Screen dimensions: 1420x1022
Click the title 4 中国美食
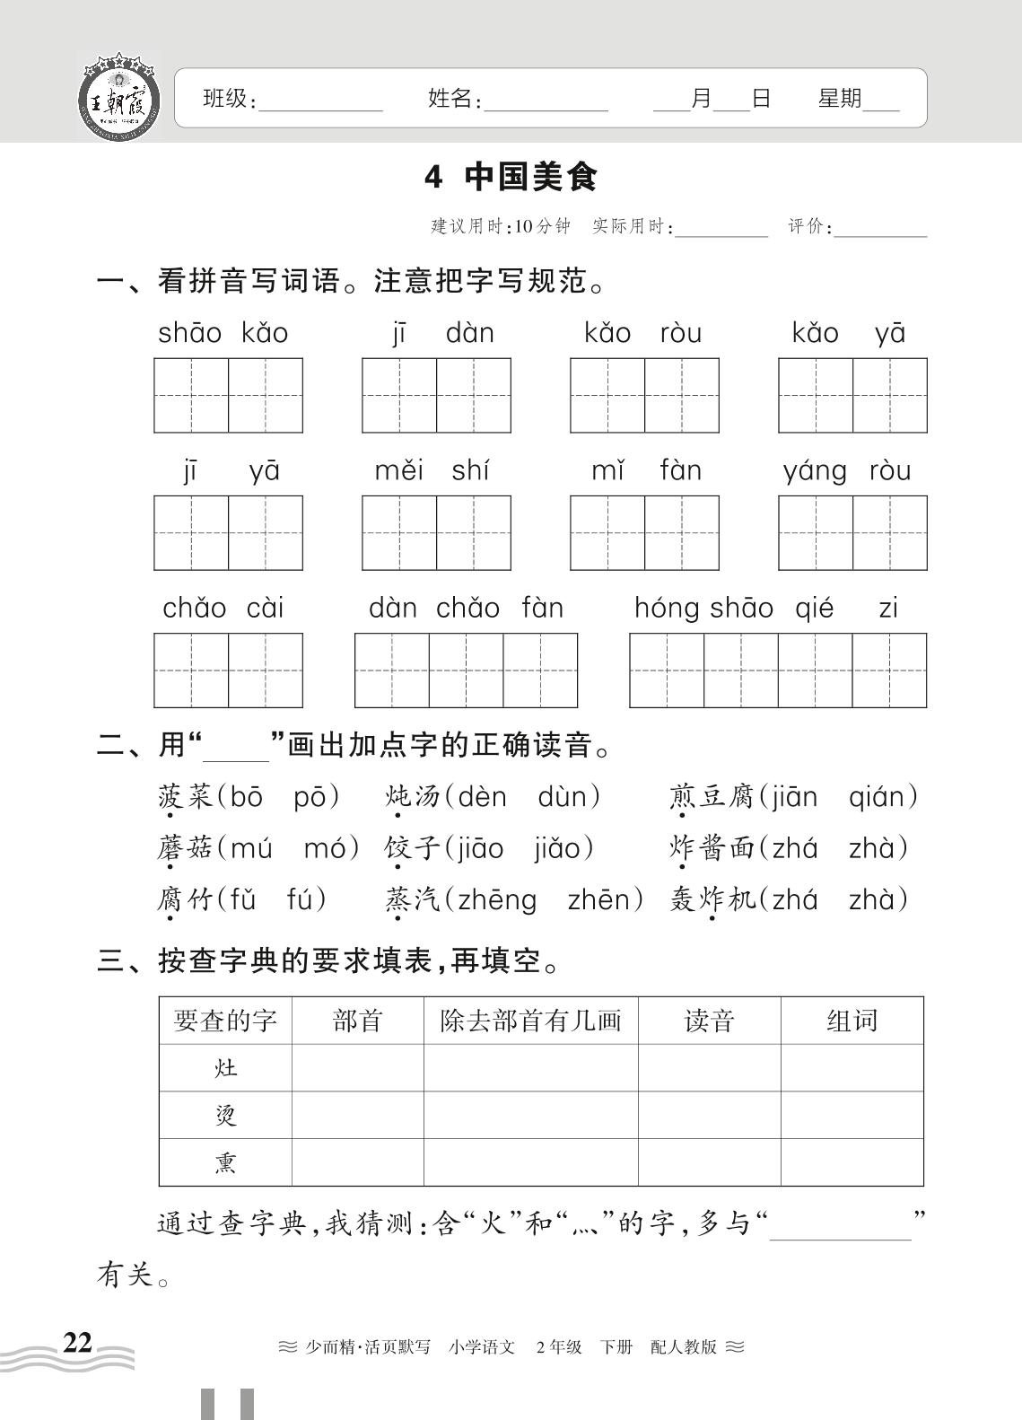point(511,177)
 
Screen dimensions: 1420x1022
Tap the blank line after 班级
point(320,101)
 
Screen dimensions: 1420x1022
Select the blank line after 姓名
point(546,101)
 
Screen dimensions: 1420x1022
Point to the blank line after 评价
point(880,228)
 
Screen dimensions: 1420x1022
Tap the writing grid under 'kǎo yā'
point(852,395)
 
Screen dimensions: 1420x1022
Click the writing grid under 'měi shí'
point(436,532)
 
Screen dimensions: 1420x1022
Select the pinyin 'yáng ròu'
point(846,470)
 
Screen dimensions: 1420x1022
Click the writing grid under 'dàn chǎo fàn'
point(466,670)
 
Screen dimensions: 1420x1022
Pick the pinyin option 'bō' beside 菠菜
point(247,796)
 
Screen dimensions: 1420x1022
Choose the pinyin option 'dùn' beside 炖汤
point(569,796)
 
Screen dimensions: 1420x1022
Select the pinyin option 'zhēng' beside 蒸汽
point(496,899)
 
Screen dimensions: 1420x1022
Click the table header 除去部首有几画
point(530,1021)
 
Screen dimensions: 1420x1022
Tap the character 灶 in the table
point(225,1067)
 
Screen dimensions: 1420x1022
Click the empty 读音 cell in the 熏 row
point(709,1162)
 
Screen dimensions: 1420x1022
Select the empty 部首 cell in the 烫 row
point(357,1115)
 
